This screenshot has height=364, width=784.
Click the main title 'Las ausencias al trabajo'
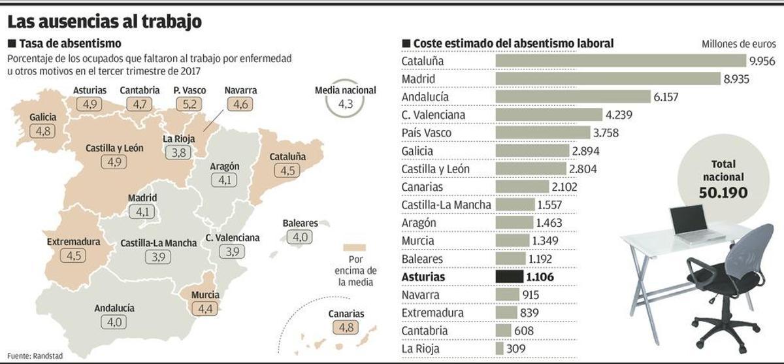(104, 22)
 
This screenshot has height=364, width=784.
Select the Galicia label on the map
(43, 117)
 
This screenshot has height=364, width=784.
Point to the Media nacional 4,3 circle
(344, 104)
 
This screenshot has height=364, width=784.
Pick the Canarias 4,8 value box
(346, 327)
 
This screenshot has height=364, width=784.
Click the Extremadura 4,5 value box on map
(73, 256)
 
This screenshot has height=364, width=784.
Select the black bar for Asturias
(510, 277)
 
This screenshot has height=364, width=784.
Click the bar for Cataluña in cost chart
(621, 61)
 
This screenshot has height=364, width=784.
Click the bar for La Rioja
(500, 348)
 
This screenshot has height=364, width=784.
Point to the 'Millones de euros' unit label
(739, 44)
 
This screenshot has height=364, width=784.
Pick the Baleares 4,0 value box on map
(301, 237)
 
